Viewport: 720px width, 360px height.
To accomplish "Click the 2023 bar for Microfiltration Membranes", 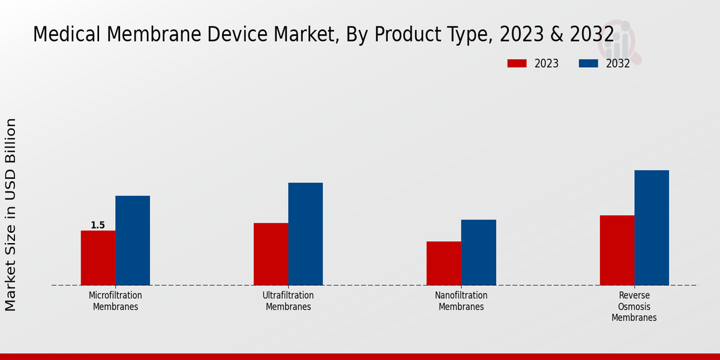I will [x=98, y=258].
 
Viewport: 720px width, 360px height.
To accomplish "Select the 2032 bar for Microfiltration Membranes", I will [x=133, y=241].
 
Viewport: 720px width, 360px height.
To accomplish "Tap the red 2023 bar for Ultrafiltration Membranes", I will [x=271, y=254].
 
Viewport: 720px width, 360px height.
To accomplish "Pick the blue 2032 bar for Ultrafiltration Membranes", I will [x=305, y=234].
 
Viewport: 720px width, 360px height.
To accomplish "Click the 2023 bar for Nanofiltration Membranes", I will [x=444, y=263].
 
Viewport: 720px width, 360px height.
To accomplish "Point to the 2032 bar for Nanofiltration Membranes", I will [x=479, y=253].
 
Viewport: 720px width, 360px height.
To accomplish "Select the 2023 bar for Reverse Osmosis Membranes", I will [x=617, y=250].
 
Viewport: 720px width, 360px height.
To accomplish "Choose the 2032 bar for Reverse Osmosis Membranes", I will [x=652, y=228].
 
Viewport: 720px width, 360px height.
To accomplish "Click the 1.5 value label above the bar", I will [x=98, y=226].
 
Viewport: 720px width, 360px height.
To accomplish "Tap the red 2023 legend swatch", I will [x=517, y=64].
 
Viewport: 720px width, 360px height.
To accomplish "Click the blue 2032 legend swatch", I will [x=588, y=64].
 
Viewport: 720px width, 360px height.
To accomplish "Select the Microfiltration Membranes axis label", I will [x=115, y=301].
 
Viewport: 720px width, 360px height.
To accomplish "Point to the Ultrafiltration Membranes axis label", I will [x=288, y=301].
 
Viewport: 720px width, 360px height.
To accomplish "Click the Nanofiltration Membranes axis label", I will [x=461, y=301].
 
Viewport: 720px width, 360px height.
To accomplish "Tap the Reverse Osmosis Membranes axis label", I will [x=634, y=307].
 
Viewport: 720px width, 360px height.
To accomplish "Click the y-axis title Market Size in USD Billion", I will [x=11, y=214].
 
